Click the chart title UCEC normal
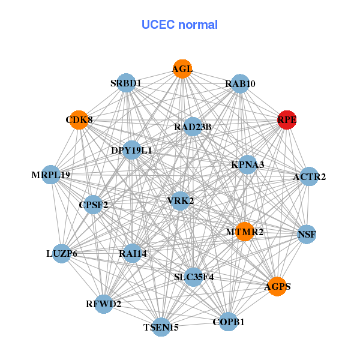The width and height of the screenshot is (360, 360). point(179,25)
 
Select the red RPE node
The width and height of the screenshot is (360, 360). point(287,119)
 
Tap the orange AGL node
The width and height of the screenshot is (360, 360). point(182,68)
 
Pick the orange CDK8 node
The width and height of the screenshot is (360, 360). point(78,119)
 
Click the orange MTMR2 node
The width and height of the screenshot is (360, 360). point(244,231)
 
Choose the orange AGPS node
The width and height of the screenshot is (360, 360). point(277,286)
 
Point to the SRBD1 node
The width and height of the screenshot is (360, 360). point(126,83)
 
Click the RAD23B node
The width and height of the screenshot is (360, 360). point(192,127)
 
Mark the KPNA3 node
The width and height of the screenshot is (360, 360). point(248,164)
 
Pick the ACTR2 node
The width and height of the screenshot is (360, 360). point(308,176)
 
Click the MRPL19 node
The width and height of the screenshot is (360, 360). point(52,175)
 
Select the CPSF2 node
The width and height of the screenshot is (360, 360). point(93,205)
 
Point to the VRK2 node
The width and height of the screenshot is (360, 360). point(180,200)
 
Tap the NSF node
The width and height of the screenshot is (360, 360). point(306,234)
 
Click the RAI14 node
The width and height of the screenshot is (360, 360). point(132,253)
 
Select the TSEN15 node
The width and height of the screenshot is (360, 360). point(161,327)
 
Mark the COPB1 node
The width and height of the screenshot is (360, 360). point(229,322)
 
